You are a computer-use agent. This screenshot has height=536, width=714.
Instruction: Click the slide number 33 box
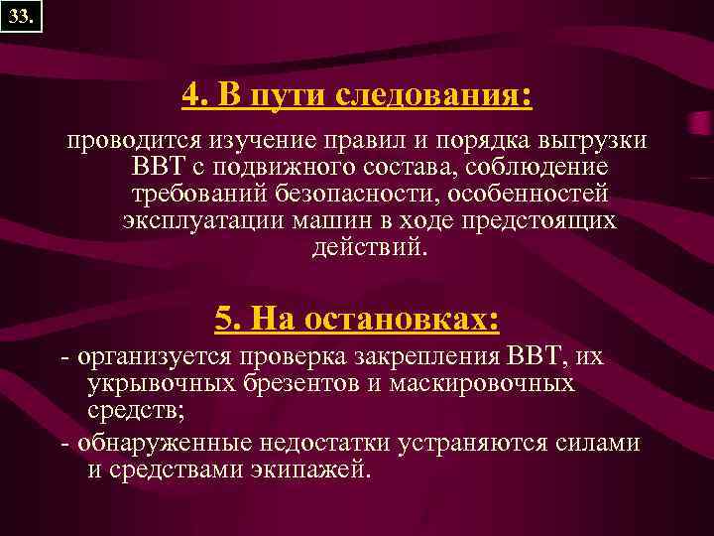21,17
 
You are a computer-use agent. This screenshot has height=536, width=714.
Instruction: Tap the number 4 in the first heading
191,96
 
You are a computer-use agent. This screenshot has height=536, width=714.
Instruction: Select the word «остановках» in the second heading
396,319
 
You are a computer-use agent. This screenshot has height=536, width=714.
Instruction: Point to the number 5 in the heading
224,319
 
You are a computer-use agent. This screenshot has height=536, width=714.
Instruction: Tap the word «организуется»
148,356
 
